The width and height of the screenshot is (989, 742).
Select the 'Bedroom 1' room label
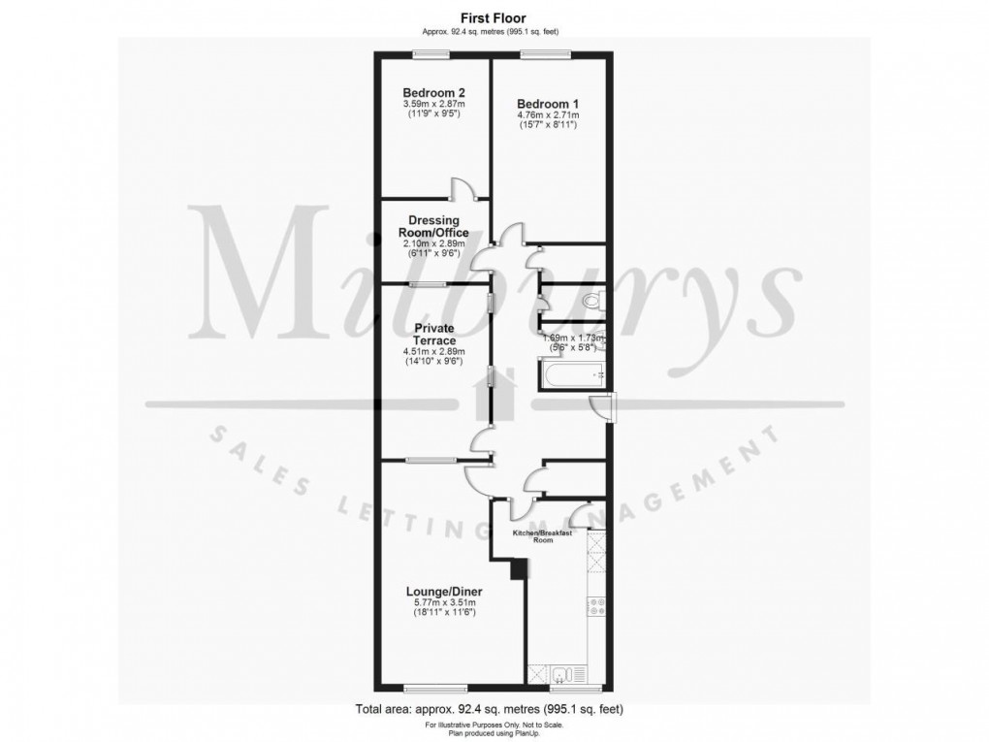[547, 104]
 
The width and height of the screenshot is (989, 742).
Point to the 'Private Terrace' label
[434, 335]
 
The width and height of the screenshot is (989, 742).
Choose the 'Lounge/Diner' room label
[445, 591]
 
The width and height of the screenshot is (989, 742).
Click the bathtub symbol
[573, 374]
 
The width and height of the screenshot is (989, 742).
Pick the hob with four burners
[596, 608]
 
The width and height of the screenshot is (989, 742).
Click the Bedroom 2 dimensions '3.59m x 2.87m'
[433, 104]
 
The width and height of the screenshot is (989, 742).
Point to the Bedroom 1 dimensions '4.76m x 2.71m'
[547, 114]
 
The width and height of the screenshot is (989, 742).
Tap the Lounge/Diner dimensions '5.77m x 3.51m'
[445, 602]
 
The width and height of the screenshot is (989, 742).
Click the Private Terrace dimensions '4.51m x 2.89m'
[434, 351]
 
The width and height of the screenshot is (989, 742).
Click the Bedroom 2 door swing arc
[464, 191]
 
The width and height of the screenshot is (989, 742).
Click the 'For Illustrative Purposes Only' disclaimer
[494, 725]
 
